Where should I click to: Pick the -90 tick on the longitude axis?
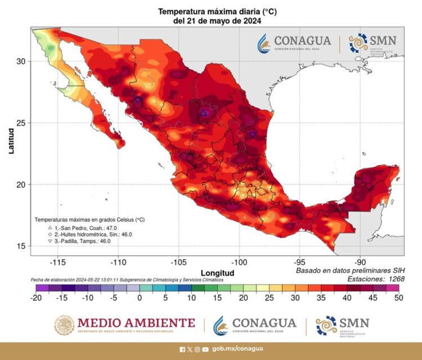coord(360,263)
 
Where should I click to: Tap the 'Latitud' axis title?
coord(11,141)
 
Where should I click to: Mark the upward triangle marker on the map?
coord(204,113)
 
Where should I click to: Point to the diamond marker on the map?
coord(138,100)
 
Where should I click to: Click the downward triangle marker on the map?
coord(253,134)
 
